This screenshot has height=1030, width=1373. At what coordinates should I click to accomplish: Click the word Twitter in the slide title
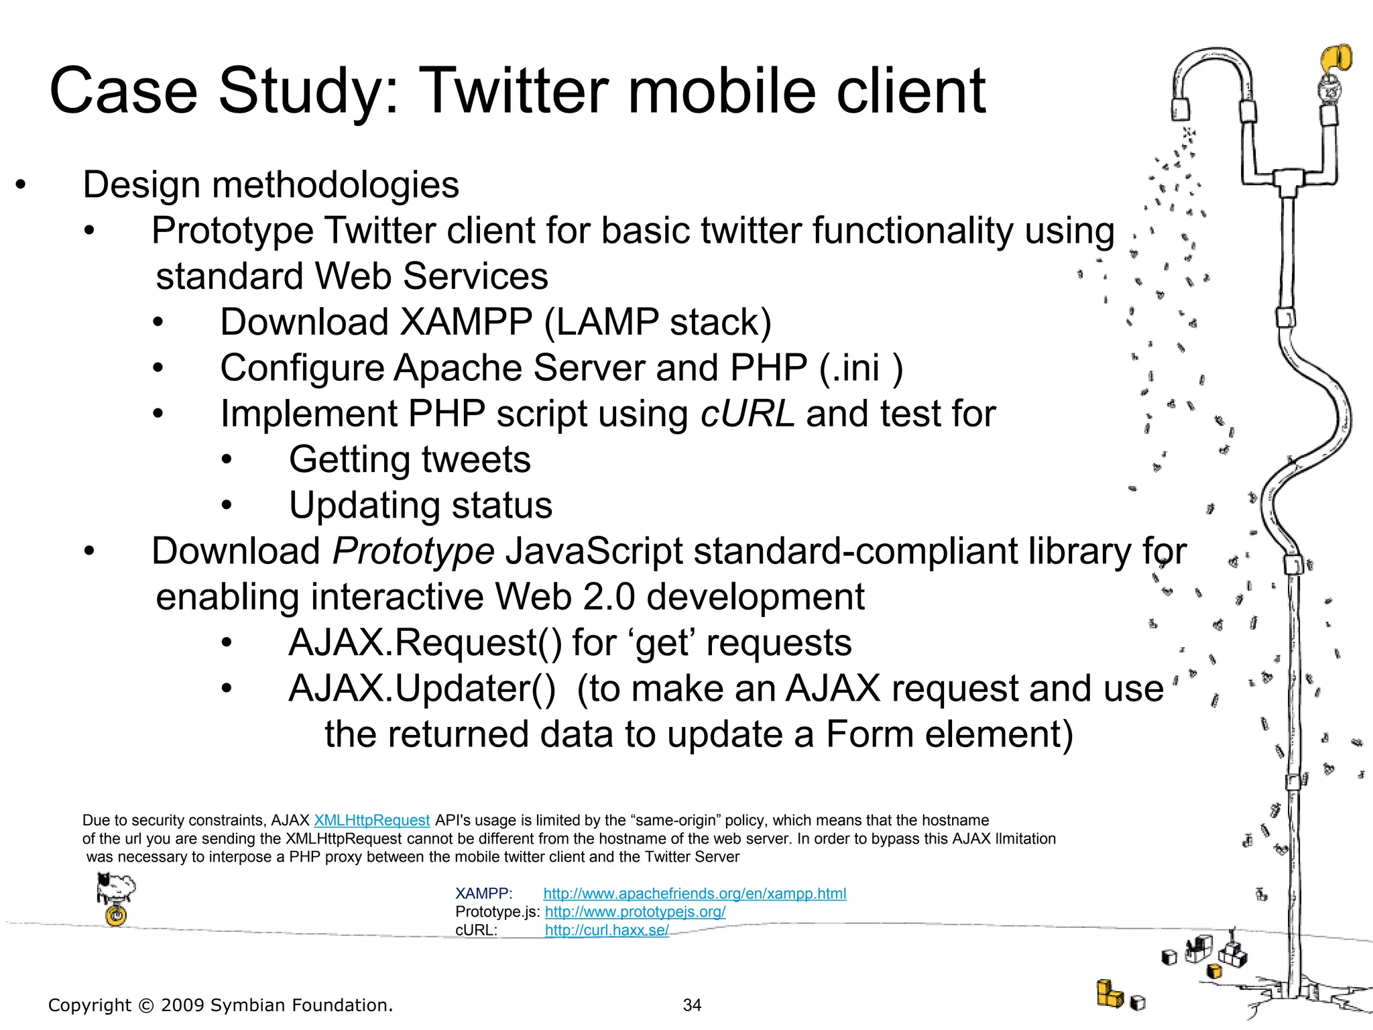click(x=513, y=91)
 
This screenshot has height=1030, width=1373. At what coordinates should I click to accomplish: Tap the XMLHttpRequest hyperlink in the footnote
click(x=371, y=820)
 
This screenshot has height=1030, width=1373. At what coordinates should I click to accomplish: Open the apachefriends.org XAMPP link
click(x=695, y=893)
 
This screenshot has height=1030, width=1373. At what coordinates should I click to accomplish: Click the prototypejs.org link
click(x=635, y=912)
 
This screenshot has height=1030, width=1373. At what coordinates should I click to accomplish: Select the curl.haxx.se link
click(x=607, y=930)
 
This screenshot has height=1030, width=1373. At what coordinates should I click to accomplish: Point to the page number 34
click(x=692, y=1005)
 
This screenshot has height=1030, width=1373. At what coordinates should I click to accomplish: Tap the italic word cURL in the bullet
click(x=748, y=414)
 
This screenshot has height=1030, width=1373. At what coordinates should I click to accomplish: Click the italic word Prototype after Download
click(x=413, y=551)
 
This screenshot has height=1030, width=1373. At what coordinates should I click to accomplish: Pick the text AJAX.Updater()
click(x=422, y=689)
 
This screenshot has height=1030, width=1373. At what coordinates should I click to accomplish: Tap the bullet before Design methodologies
click(x=21, y=185)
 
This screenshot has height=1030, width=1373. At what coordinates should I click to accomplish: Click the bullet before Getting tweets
click(x=227, y=460)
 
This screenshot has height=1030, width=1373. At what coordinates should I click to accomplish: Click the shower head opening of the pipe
click(x=1181, y=111)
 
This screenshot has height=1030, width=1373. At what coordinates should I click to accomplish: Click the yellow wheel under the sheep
click(x=117, y=915)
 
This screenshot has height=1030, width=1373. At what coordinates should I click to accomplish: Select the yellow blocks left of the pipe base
click(x=1110, y=994)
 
